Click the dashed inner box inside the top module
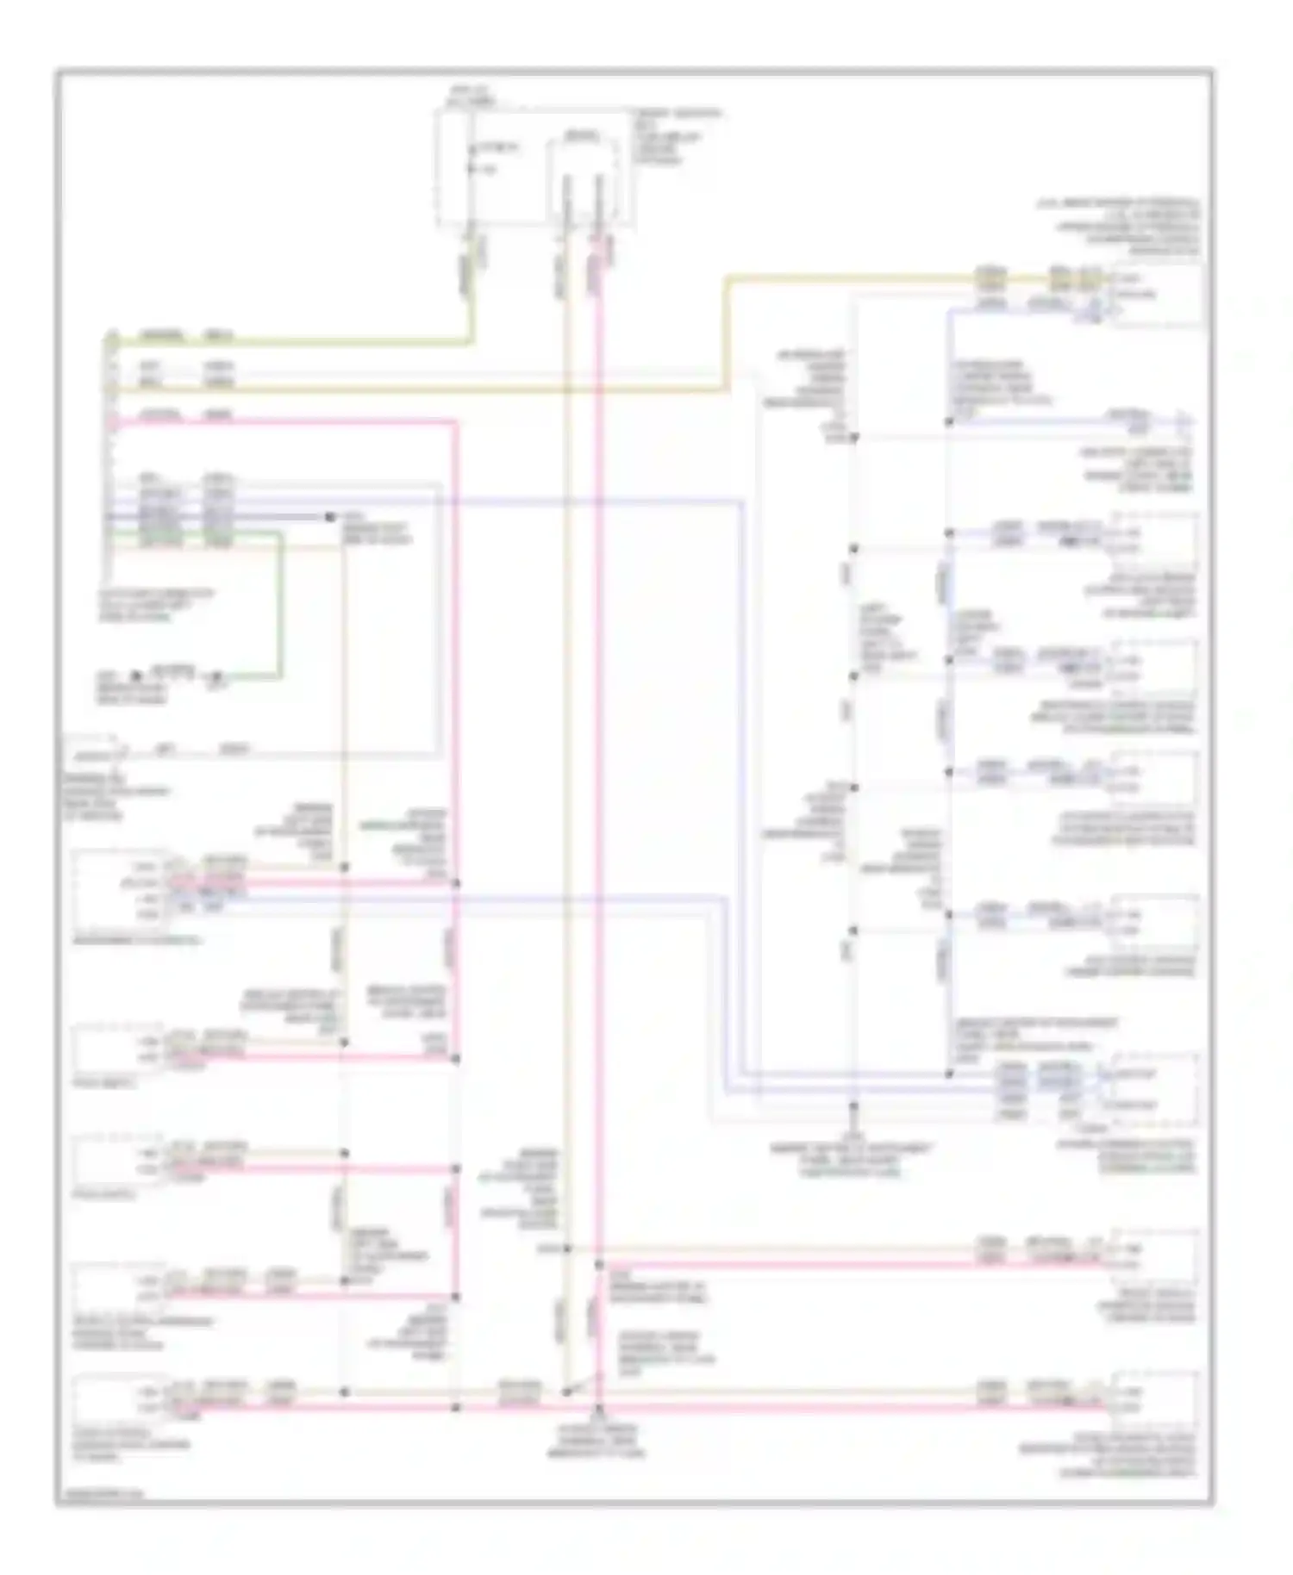[x=584, y=177]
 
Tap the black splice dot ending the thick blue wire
[x=329, y=517]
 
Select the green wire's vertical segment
[x=278, y=603]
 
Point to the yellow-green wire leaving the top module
[x=471, y=284]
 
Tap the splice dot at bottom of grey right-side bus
[x=854, y=1105]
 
